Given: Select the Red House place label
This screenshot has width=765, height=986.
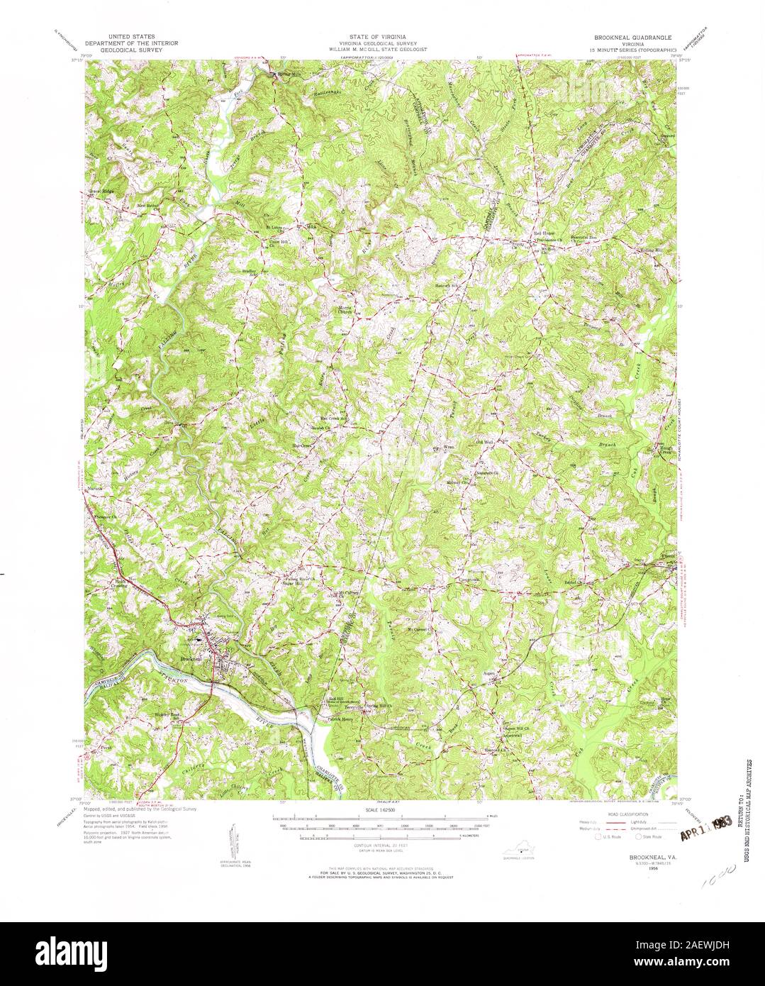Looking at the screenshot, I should point(543,233).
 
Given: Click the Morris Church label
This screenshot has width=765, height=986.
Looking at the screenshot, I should point(345,310).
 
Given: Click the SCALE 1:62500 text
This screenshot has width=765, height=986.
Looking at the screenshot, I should point(382,809).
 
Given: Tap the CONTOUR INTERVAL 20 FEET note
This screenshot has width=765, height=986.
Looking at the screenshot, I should point(382,846).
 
